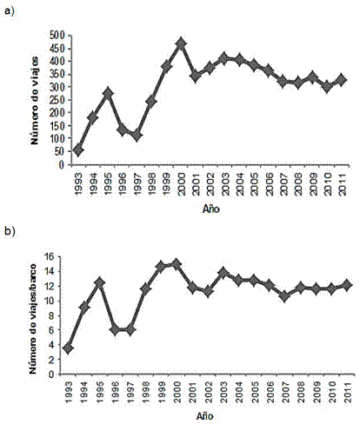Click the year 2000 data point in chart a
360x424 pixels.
(x=181, y=43)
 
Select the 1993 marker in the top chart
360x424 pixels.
(x=78, y=150)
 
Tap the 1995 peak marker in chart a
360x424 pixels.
(x=108, y=93)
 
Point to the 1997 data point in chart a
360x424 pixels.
(x=137, y=135)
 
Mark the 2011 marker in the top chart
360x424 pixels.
(x=342, y=80)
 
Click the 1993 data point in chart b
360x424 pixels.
(x=68, y=348)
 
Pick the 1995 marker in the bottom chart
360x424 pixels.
(x=99, y=282)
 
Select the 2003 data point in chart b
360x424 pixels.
(x=223, y=273)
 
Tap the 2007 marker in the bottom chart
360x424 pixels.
(x=285, y=296)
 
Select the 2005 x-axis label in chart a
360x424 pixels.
(x=255, y=184)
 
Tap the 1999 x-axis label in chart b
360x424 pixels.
(x=162, y=392)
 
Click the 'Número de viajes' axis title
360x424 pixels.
(x=35, y=101)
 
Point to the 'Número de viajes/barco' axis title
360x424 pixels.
(x=33, y=319)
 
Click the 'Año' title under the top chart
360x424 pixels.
(x=211, y=209)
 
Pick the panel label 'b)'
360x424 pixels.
(x=10, y=231)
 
